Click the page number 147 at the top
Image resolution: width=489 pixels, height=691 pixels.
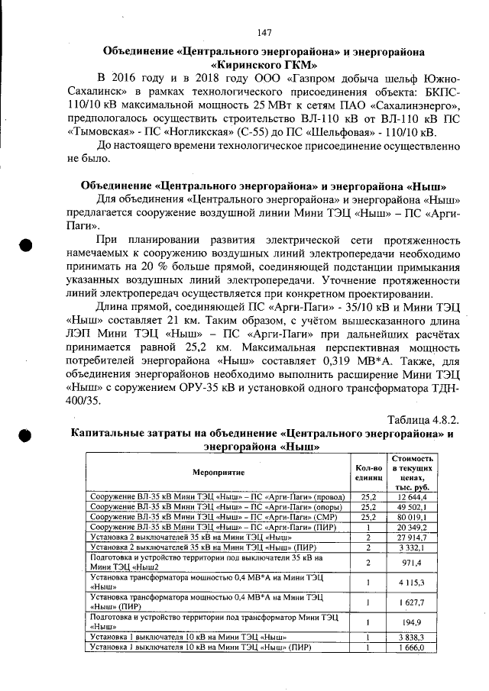[264, 32]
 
